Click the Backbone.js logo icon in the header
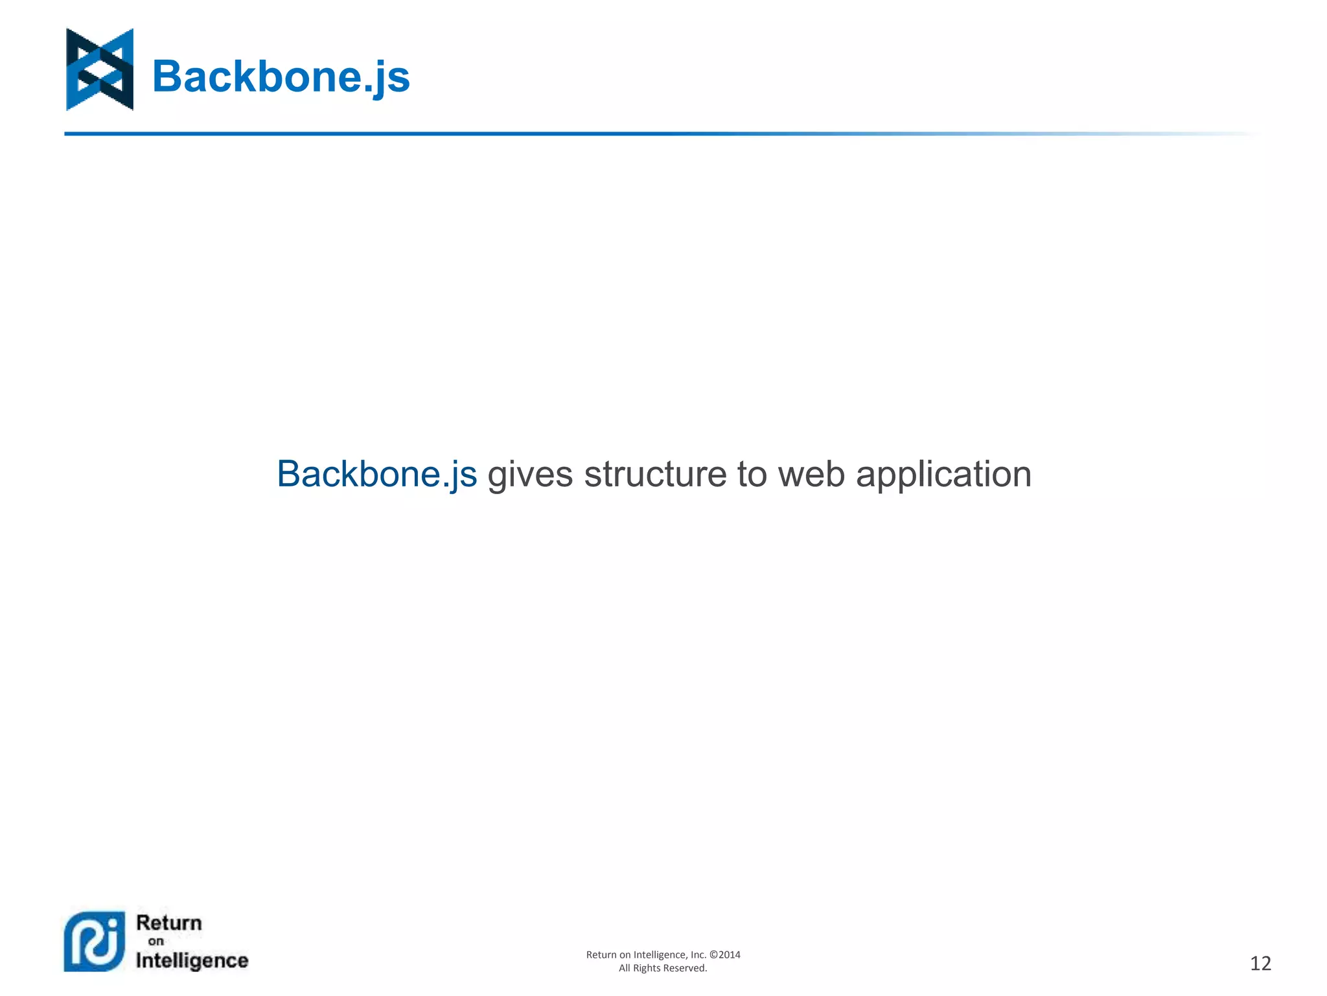100,69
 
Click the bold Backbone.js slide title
281,77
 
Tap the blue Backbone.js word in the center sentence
376,474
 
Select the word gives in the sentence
530,474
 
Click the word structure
654,474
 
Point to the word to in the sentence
752,474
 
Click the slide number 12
1260,964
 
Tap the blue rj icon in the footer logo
95,942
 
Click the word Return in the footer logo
169,923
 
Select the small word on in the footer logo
156,941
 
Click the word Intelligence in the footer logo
192,960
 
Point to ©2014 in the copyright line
725,954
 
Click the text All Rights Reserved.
663,968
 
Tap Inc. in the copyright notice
698,954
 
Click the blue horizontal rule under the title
454,134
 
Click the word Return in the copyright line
601,954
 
